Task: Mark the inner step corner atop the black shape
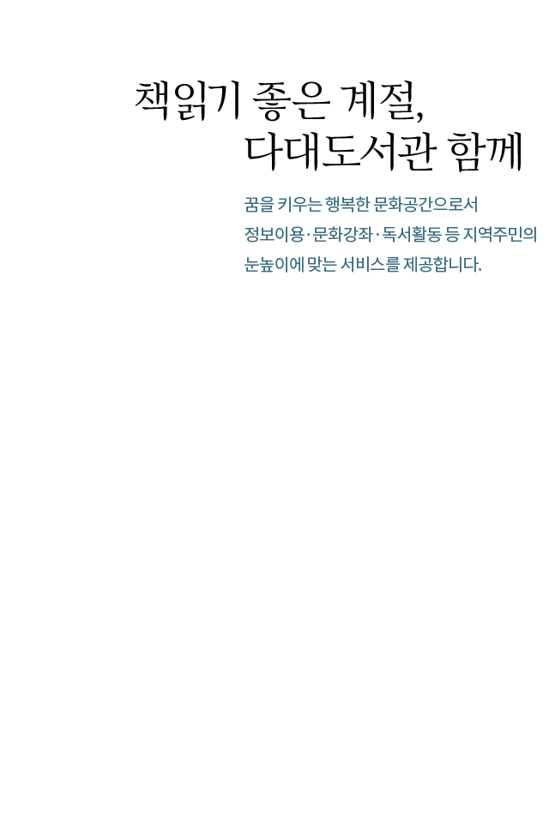pos(316,81)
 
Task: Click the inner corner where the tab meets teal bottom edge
pos(316,272)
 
